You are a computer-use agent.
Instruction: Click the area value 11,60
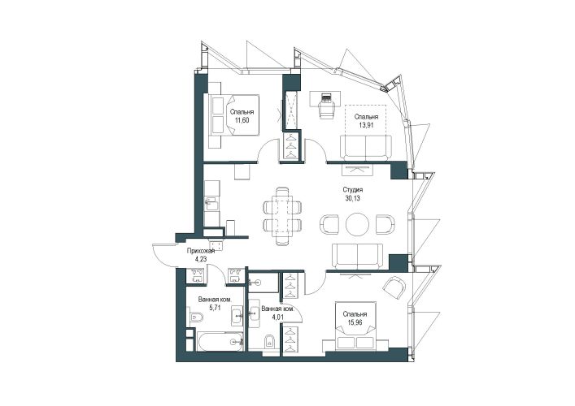pos(242,120)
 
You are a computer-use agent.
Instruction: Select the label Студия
pos(352,190)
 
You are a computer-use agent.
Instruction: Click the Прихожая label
pos(200,251)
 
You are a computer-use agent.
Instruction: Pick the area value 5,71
pos(214,308)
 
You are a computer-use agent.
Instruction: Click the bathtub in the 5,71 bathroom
pos(220,342)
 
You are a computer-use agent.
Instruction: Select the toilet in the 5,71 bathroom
pos(197,317)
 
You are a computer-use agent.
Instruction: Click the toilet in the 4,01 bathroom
pos(269,341)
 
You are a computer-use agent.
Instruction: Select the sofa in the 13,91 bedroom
pos(366,147)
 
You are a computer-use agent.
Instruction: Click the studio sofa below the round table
pos(357,256)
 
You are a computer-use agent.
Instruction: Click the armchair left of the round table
pos(329,224)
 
